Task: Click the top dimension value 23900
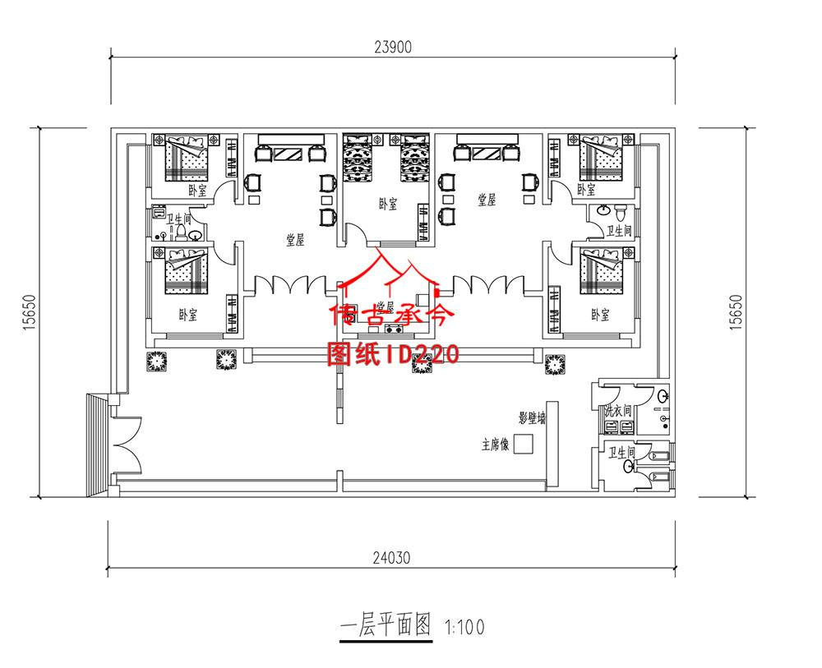click(395, 47)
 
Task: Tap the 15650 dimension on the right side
click(736, 312)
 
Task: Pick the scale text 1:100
click(464, 629)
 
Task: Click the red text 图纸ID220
click(393, 353)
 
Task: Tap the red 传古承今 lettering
click(393, 315)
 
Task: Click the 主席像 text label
click(496, 446)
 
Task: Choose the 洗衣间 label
click(617, 410)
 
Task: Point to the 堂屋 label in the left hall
click(295, 239)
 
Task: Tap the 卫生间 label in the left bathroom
click(179, 219)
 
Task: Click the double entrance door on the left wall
click(123, 443)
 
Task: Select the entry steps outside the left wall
click(97, 444)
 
